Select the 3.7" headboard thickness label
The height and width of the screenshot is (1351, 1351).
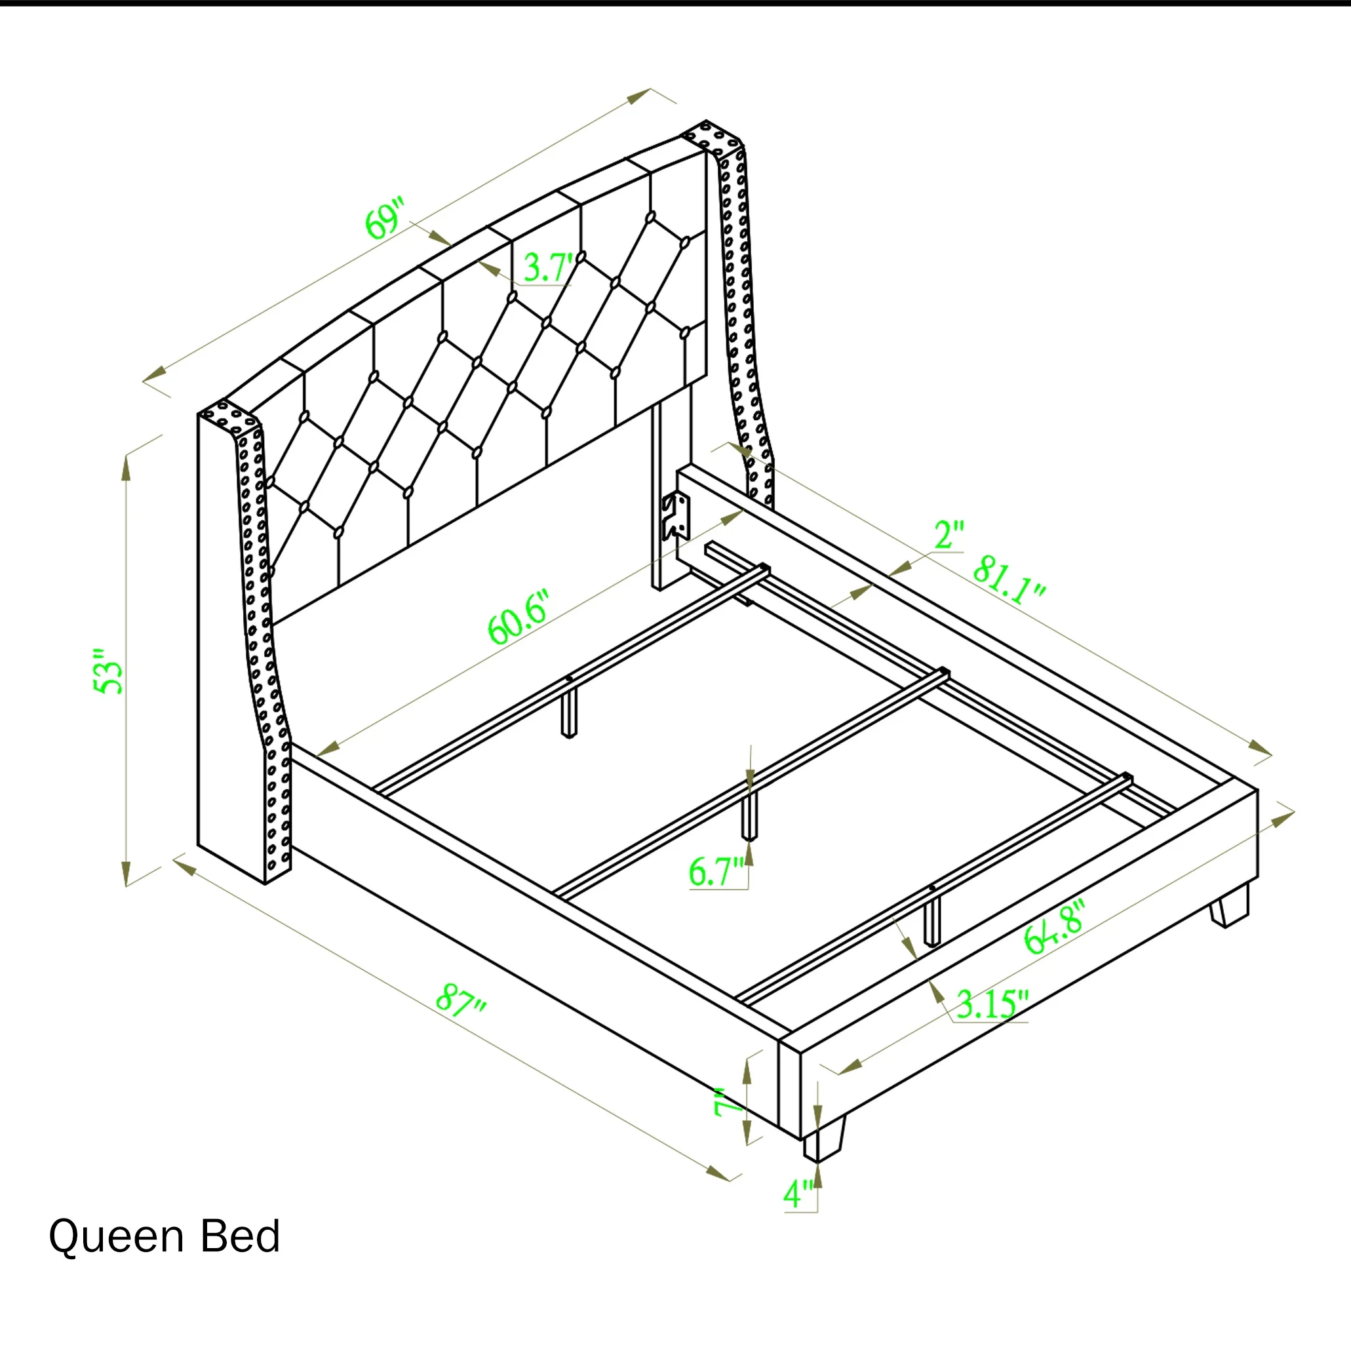tap(547, 268)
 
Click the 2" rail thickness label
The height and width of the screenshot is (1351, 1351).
tap(949, 535)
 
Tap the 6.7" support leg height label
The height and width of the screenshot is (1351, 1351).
tap(716, 872)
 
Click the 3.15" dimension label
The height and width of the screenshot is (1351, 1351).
tap(992, 1004)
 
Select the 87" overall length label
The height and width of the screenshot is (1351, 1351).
tap(461, 1001)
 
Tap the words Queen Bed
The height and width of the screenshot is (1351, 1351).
tap(165, 1236)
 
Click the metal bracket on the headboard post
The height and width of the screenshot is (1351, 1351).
tap(675, 517)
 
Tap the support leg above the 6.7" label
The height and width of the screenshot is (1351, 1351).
tap(749, 817)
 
